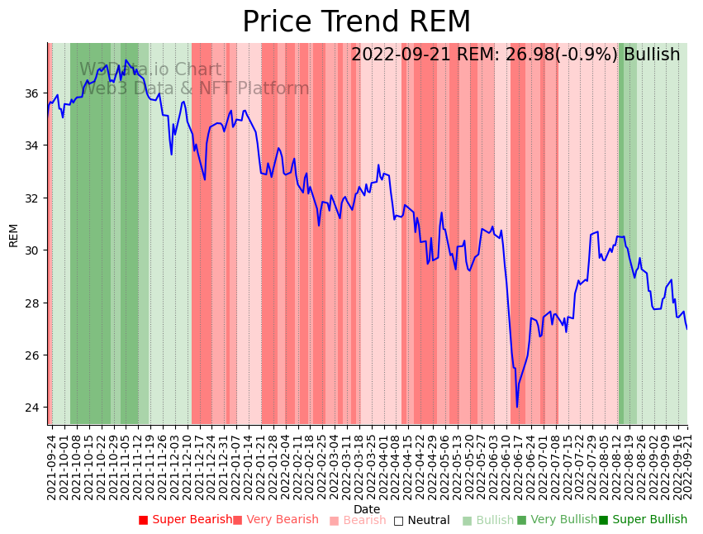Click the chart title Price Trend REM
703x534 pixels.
tap(356, 22)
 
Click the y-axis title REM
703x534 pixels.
tap(13, 235)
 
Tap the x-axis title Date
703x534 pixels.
tap(367, 509)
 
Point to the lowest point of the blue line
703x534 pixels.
tap(517, 407)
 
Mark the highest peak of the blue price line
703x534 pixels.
tap(126, 60)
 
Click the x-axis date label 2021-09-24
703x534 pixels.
tap(51, 467)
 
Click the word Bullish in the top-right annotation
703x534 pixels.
tap(652, 55)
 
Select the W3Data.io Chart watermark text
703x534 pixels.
tap(150, 70)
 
